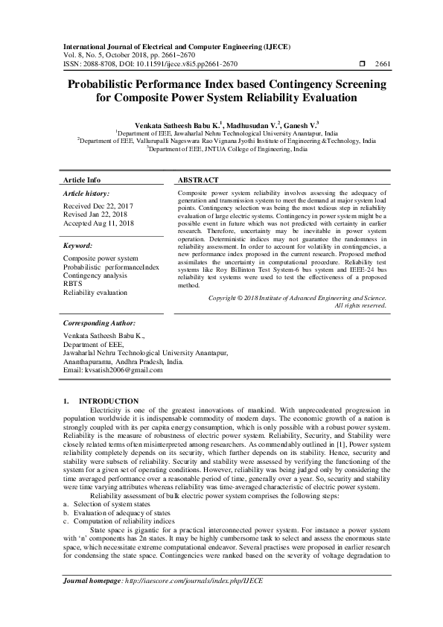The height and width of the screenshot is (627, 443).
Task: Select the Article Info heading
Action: [x=82, y=180]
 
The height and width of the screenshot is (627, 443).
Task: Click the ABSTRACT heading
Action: [x=198, y=180]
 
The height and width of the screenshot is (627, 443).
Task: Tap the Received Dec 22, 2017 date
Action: [x=98, y=205]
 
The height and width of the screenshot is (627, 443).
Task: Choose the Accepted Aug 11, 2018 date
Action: [x=99, y=223]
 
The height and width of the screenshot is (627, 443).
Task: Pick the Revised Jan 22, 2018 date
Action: [x=97, y=214]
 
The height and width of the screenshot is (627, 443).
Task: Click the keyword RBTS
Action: [x=73, y=284]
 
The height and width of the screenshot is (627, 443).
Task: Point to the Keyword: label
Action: [x=77, y=245]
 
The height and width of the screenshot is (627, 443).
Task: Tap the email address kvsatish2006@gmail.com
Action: [x=112, y=370]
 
